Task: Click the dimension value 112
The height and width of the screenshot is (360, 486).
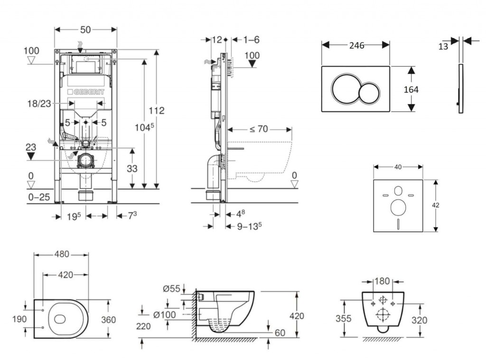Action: point(156,111)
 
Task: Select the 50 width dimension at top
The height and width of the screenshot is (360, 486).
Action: point(85,29)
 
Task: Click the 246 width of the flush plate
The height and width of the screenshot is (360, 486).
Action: point(356,46)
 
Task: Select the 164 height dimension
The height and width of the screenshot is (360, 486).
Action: point(411,89)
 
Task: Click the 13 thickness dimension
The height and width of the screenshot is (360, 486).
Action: point(443,46)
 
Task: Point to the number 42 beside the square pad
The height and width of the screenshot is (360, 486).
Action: point(436,205)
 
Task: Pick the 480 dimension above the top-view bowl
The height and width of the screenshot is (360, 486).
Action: point(61,254)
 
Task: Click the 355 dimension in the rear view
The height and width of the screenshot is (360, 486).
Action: point(345,319)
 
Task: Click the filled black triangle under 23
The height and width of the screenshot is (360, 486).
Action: point(31,156)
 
